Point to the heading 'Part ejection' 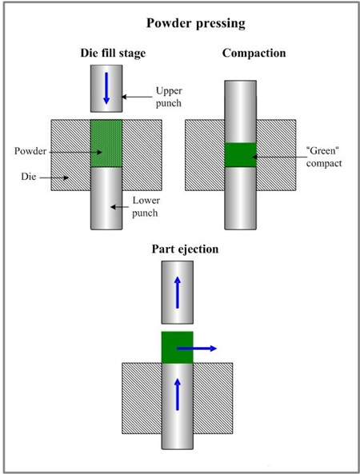[186, 249]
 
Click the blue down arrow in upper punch [106, 89]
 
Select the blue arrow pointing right [197, 349]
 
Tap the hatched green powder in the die [106, 143]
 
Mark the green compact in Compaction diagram [240, 155]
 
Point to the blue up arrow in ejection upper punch [177, 293]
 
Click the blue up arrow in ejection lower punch [177, 392]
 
